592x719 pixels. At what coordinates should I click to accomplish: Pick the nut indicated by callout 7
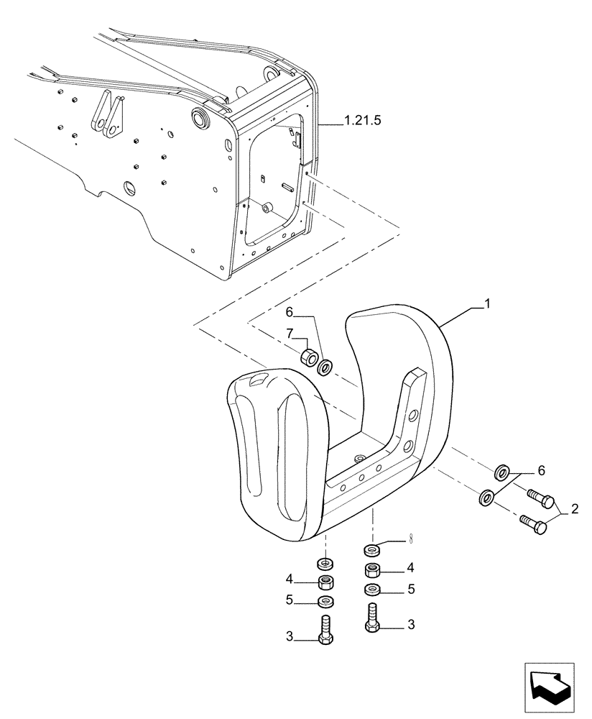pyautogui.click(x=310, y=357)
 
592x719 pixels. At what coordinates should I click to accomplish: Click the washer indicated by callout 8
pyautogui.click(x=372, y=551)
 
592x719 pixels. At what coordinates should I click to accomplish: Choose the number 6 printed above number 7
pyautogui.click(x=290, y=313)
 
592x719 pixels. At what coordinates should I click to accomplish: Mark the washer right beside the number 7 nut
pyautogui.click(x=325, y=367)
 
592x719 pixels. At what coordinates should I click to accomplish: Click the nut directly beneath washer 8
pyautogui.click(x=372, y=571)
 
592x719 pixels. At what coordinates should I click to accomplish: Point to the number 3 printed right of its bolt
pyautogui.click(x=411, y=626)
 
